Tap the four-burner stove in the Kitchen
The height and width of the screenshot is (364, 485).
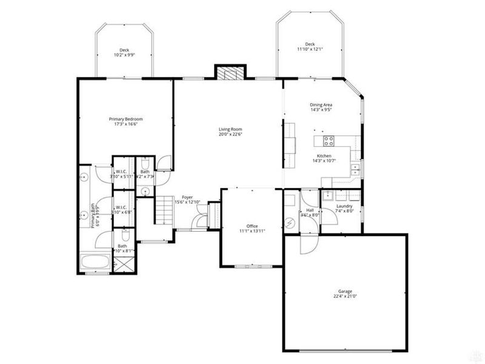click(x=329, y=142)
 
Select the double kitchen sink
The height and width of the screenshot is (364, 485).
click(x=356, y=169)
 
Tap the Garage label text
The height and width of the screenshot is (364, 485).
click(x=345, y=291)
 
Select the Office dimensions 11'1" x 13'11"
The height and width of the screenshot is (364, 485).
click(x=252, y=231)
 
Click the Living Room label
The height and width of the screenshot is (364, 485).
click(x=230, y=129)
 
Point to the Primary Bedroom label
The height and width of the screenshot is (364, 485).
click(x=125, y=119)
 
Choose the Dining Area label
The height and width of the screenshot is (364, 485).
click(x=321, y=104)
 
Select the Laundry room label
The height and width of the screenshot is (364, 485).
click(x=344, y=206)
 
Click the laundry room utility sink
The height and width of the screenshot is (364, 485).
click(x=327, y=195)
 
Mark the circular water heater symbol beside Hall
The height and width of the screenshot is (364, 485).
click(x=290, y=223)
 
